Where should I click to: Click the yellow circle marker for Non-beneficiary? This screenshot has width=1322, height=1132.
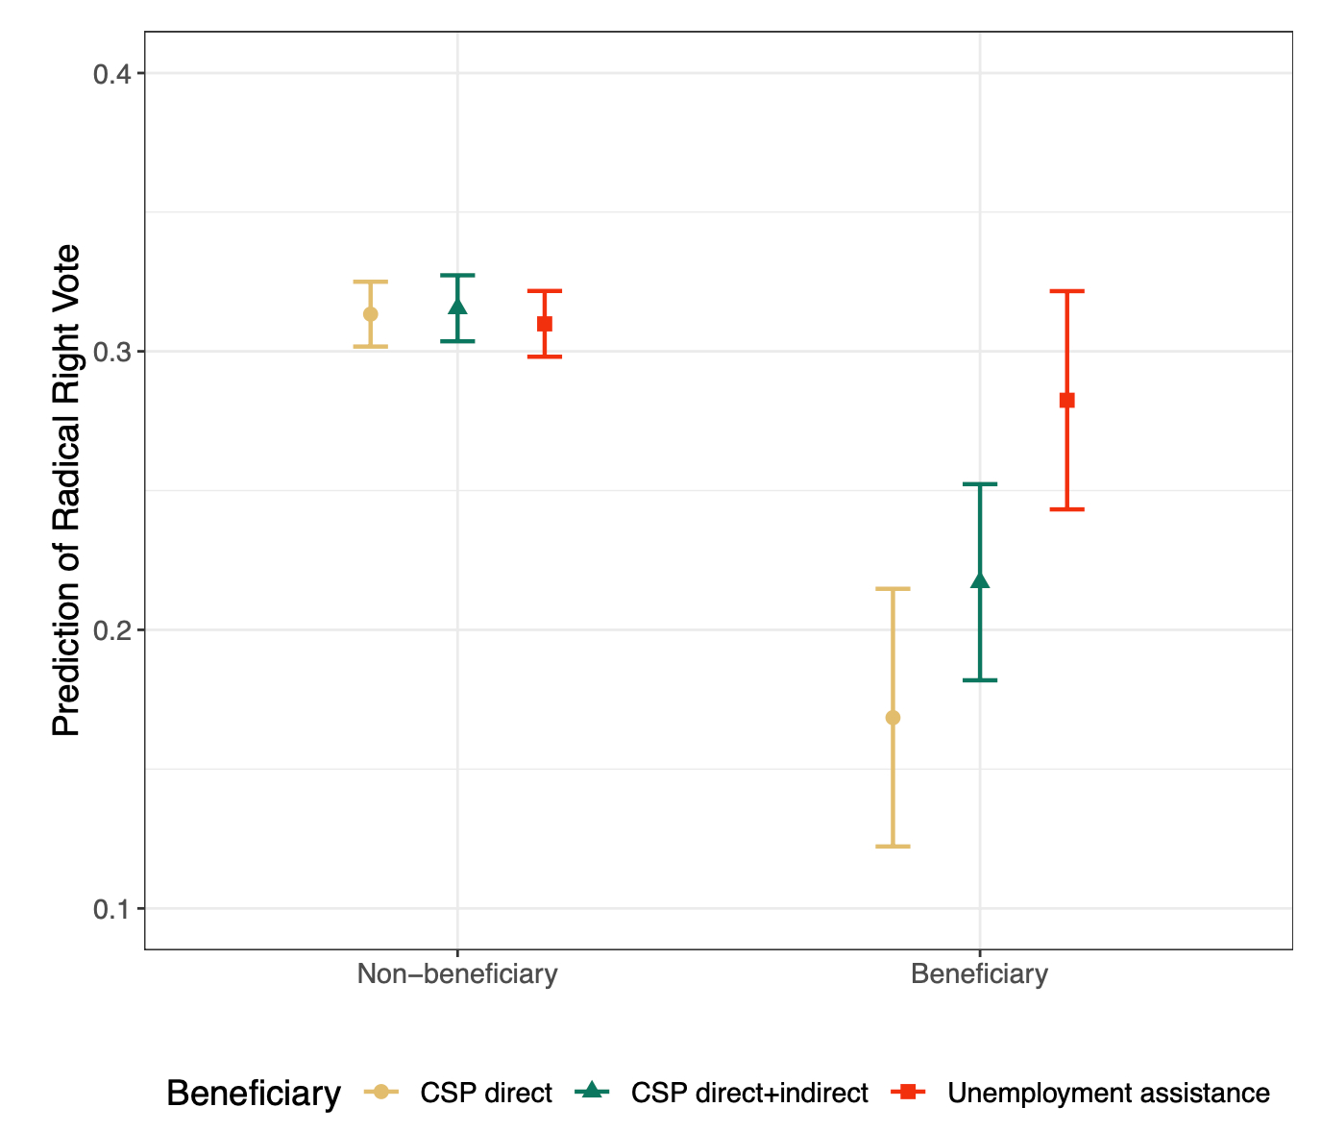point(370,314)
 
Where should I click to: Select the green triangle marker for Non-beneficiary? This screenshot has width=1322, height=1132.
point(457,307)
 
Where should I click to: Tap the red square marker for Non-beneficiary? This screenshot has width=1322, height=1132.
point(545,324)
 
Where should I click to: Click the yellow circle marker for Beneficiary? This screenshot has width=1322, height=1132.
point(893,718)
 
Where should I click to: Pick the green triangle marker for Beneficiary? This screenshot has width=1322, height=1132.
point(980,580)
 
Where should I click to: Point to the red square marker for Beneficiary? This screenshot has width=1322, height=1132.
point(1066,401)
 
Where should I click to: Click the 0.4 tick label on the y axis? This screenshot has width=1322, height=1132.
point(112,74)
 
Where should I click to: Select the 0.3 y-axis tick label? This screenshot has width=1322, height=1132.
point(112,352)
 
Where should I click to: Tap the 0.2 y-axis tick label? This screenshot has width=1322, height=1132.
point(112,630)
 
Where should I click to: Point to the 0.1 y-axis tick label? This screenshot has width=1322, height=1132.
point(112,909)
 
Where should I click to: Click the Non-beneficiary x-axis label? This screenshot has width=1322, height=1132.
point(457,974)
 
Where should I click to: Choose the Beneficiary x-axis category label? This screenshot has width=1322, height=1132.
point(979,974)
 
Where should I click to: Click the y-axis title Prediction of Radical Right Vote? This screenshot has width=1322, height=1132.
point(66,491)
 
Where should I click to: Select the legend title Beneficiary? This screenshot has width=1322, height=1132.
point(254,1094)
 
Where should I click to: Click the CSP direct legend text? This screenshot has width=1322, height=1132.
point(486,1094)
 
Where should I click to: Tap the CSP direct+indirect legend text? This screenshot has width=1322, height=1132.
point(749,1094)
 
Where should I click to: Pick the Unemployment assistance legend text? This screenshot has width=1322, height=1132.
point(1109,1094)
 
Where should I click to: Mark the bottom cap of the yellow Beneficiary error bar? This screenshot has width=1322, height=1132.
point(893,847)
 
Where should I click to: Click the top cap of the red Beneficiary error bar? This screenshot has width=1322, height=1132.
point(1066,290)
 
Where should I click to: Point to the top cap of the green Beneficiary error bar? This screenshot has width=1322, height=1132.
point(980,484)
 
